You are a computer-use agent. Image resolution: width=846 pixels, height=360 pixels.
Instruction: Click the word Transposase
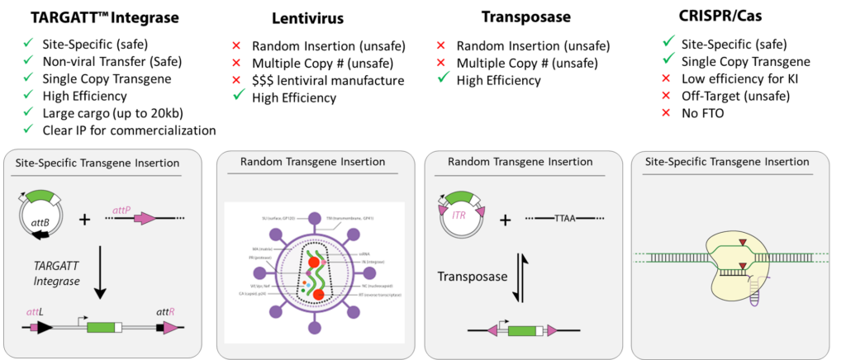(x=473, y=277)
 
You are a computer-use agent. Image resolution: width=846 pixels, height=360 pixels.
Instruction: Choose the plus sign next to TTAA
(x=505, y=220)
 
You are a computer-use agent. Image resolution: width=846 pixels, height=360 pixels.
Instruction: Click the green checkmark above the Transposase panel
(x=443, y=77)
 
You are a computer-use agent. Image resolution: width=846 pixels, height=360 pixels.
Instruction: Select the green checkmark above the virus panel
(x=239, y=95)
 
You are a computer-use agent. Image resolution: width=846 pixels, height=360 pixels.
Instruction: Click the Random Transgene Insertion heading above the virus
(x=312, y=162)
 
